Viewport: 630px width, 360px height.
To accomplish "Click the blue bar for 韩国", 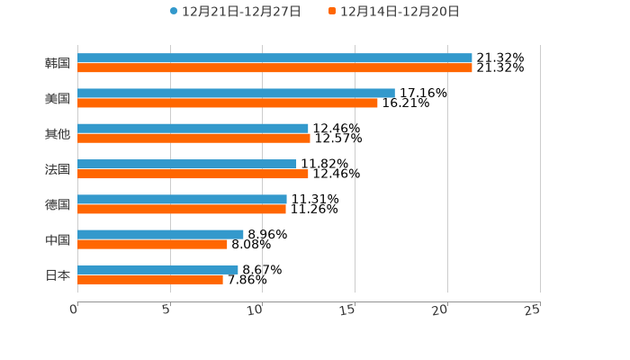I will point(274,58).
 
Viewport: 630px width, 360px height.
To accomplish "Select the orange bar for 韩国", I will point(274,67).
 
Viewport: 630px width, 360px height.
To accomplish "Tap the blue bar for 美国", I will point(236,93).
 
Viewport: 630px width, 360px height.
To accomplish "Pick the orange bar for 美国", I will point(228,103).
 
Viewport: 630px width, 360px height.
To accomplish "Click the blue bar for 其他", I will point(193,129).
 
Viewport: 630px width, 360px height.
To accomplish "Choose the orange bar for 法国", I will point(193,174).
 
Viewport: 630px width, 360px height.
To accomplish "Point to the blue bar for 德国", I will point(182,199).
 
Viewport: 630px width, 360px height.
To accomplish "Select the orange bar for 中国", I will point(152,244).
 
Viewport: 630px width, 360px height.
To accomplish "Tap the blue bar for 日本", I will point(157,269).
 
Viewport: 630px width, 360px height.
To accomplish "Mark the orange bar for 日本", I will point(150,279).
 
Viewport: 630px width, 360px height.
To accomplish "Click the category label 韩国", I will point(58,63).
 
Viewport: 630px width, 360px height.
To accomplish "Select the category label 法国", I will point(58,169).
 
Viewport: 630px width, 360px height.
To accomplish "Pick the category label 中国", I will point(58,239).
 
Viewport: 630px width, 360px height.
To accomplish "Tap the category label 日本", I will point(58,274).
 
